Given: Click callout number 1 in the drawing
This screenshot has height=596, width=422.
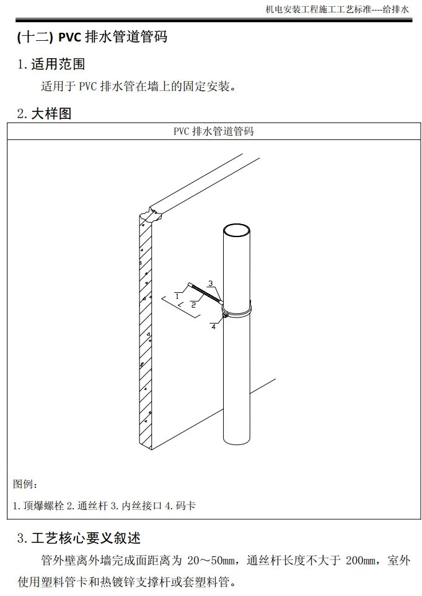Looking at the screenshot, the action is (x=177, y=296).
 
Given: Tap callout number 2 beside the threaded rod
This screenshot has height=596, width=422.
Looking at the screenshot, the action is (x=193, y=304).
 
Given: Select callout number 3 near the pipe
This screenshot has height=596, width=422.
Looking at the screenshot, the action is (x=211, y=283).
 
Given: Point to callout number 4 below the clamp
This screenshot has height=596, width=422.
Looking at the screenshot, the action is (x=213, y=327).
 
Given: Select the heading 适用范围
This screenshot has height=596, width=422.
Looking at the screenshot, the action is (x=58, y=64).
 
